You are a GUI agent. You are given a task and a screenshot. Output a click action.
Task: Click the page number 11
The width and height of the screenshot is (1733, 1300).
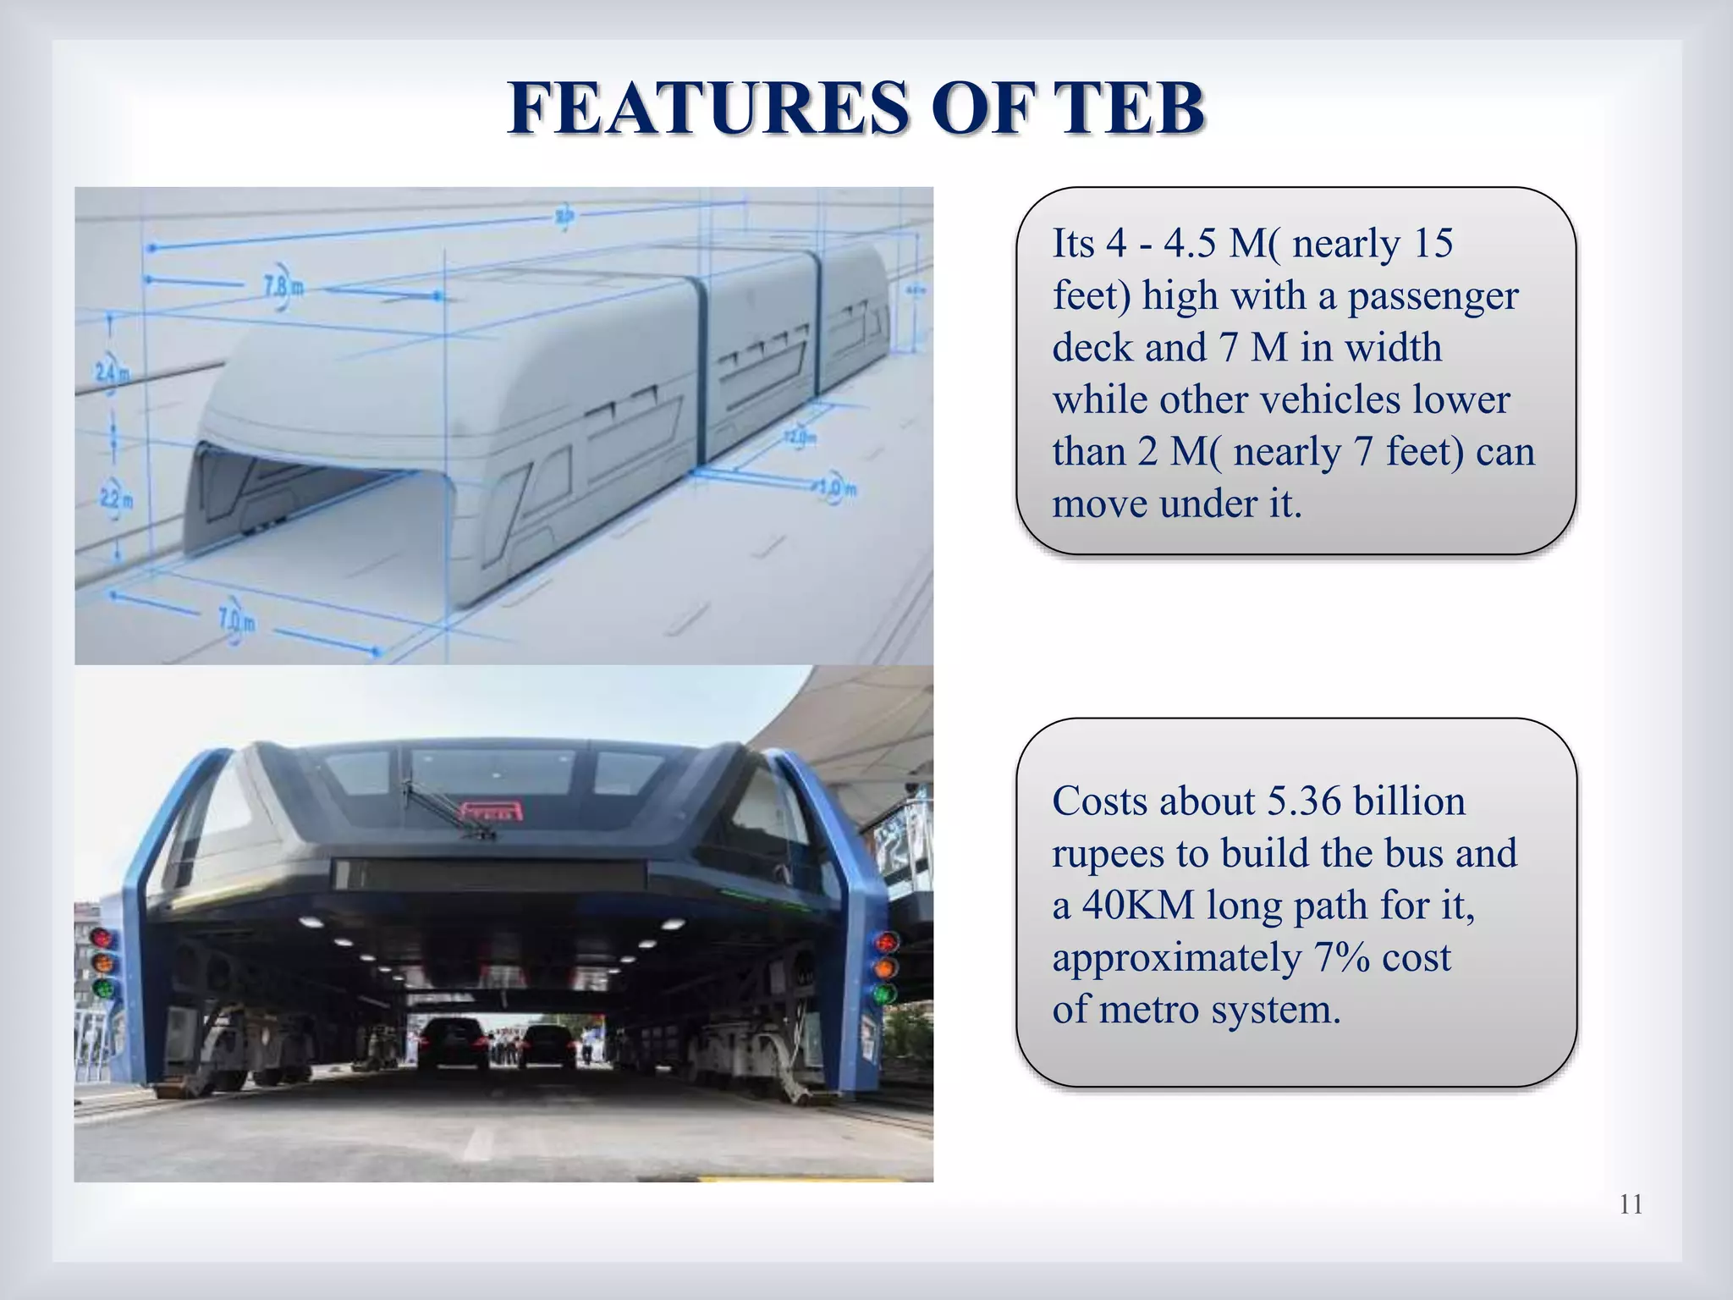[x=1631, y=1204]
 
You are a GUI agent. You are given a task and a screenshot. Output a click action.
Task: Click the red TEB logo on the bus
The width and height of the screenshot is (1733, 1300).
[x=490, y=811]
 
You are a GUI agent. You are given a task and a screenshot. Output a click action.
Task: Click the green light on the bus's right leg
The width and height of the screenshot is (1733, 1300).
[x=884, y=993]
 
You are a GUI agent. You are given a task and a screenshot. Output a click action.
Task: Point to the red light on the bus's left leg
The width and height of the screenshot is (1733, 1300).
[x=102, y=938]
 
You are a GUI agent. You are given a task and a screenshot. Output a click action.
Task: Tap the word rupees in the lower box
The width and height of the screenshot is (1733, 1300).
[x=1108, y=853]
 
